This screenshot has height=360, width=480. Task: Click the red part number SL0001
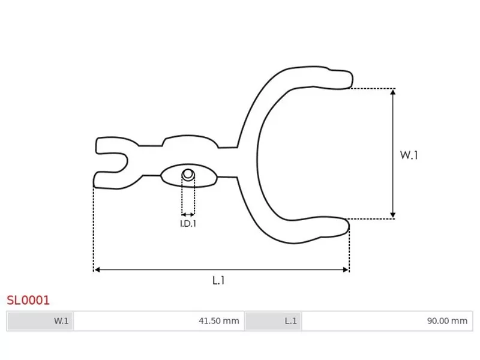(x=28, y=299)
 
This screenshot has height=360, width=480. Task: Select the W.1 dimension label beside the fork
(x=409, y=155)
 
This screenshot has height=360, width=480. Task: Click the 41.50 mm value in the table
(x=218, y=321)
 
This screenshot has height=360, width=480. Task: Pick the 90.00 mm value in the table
(x=446, y=321)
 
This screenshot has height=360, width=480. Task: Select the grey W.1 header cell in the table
(x=40, y=321)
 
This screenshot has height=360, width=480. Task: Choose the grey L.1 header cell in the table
(x=273, y=321)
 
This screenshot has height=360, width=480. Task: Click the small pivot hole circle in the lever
(x=188, y=175)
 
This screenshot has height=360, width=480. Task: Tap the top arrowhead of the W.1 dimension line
(x=393, y=92)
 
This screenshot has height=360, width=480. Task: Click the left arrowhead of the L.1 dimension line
(x=97, y=270)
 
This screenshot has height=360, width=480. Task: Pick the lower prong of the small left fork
(x=107, y=179)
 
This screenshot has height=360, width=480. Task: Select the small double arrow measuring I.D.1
(x=188, y=214)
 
